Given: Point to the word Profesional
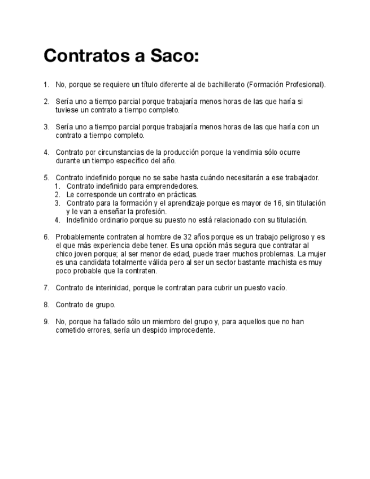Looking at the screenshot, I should [306, 85].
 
